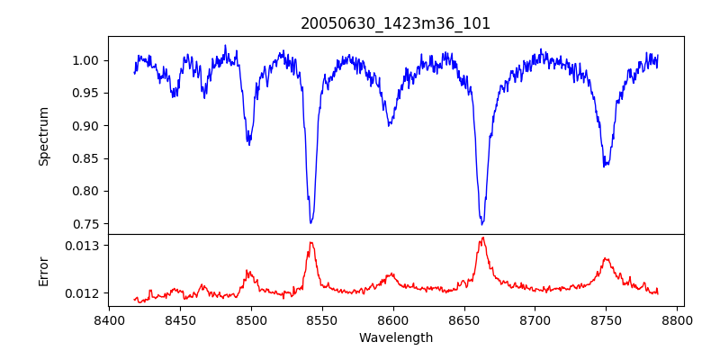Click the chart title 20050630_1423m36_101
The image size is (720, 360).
[396, 23]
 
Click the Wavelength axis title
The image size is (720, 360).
[396, 337]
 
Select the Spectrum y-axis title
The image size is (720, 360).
[43, 136]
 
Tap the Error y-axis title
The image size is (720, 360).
[43, 270]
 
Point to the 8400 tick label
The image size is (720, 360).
[109, 319]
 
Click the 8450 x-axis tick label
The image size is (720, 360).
[180, 319]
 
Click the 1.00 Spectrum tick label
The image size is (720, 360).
[85, 60]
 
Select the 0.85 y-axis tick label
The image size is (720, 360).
[85, 158]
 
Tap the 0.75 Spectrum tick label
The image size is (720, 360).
[85, 224]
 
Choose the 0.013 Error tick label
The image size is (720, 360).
[82, 245]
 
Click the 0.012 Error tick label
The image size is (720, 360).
[82, 293]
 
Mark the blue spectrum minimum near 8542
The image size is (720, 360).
[311, 222]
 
